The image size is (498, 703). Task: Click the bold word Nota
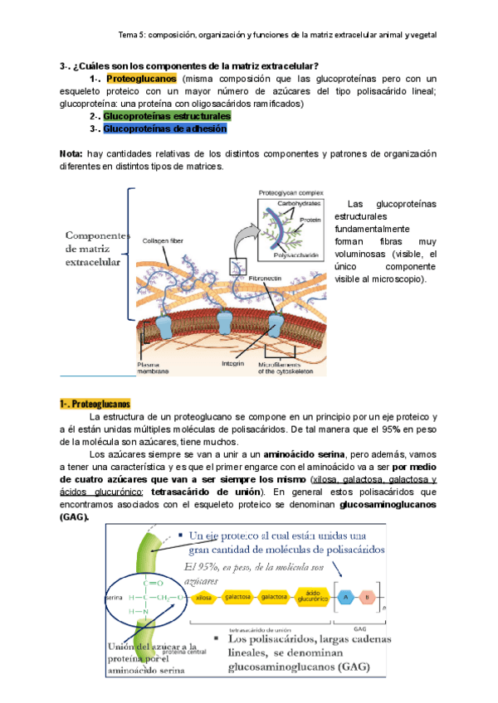71,154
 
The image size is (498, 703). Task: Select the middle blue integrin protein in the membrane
226,324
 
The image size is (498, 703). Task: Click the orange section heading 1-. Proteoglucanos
95,404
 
